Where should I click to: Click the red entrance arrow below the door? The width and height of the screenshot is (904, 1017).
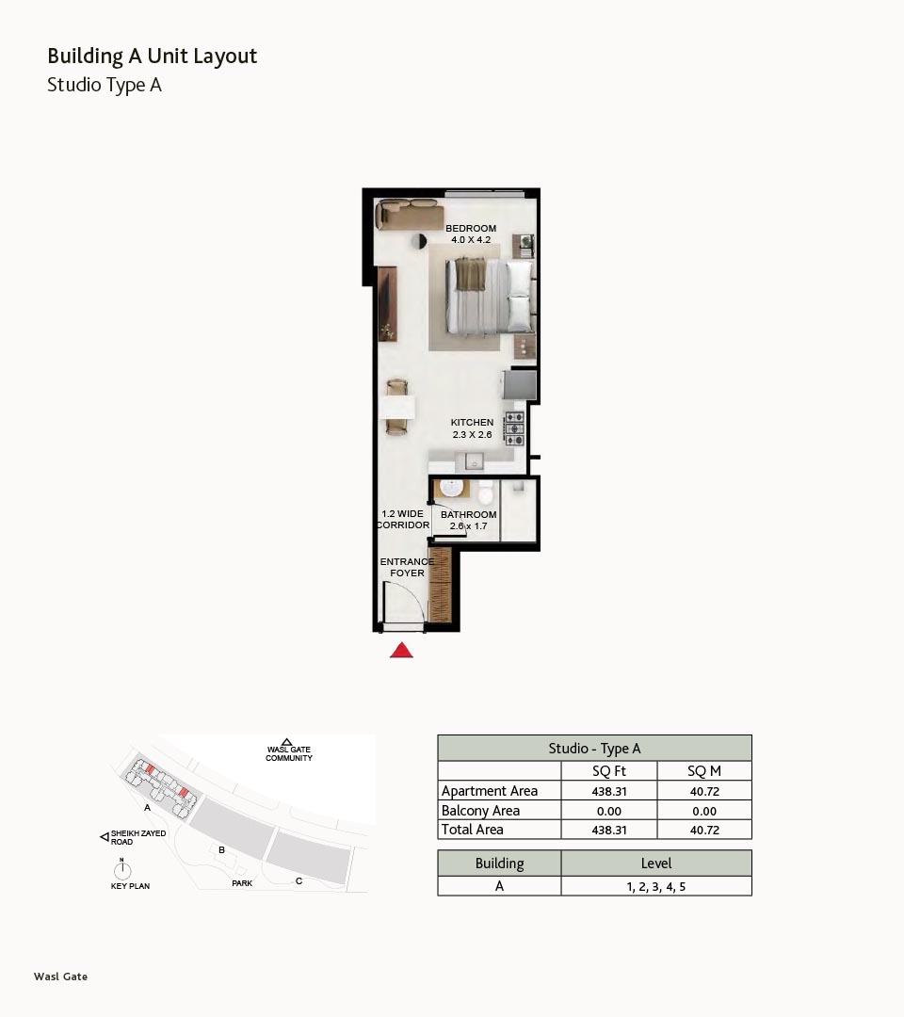click(401, 650)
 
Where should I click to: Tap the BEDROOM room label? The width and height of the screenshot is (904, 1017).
click(471, 228)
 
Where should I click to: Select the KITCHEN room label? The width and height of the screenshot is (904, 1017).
click(472, 422)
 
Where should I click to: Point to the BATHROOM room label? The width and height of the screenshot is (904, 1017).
click(468, 514)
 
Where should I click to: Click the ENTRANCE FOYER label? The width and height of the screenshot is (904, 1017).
click(407, 567)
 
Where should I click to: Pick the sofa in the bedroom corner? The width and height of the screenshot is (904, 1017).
click(411, 214)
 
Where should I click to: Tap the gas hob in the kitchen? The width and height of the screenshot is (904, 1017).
click(514, 428)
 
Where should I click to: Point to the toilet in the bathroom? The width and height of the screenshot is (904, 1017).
click(485, 493)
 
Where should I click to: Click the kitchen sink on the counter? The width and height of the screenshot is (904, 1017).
click(474, 461)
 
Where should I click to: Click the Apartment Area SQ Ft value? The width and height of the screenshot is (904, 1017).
click(609, 791)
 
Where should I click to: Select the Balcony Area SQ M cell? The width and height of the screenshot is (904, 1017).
click(704, 811)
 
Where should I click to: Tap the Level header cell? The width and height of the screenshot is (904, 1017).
click(656, 864)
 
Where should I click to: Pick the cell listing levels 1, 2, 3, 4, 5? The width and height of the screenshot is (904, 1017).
click(656, 887)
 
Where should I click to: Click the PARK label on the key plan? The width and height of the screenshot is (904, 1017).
click(242, 883)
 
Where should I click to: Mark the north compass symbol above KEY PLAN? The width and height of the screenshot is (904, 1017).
click(121, 869)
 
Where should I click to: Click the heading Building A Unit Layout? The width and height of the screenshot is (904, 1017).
click(153, 56)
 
